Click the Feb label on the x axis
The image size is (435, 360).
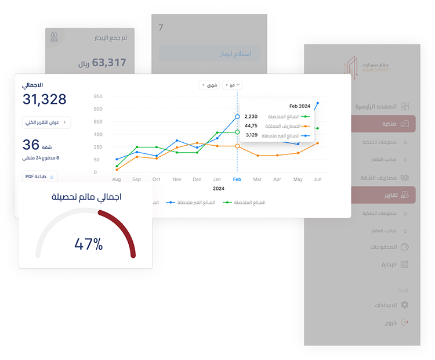237,179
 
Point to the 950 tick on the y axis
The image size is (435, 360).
98,96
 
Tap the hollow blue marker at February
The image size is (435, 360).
237,117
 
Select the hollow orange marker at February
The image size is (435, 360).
237,146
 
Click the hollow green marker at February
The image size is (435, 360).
237,132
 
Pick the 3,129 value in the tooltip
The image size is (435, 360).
252,135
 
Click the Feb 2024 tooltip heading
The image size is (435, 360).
299,106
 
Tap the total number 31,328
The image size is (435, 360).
44,99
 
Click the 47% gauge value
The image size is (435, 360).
88,244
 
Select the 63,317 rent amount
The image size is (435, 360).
108,63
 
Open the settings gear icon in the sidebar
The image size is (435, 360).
405,305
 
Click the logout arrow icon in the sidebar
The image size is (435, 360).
405,322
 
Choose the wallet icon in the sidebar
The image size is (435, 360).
405,247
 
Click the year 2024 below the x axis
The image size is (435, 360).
218,189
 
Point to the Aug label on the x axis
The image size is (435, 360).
117,179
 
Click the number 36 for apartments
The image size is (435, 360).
31,145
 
